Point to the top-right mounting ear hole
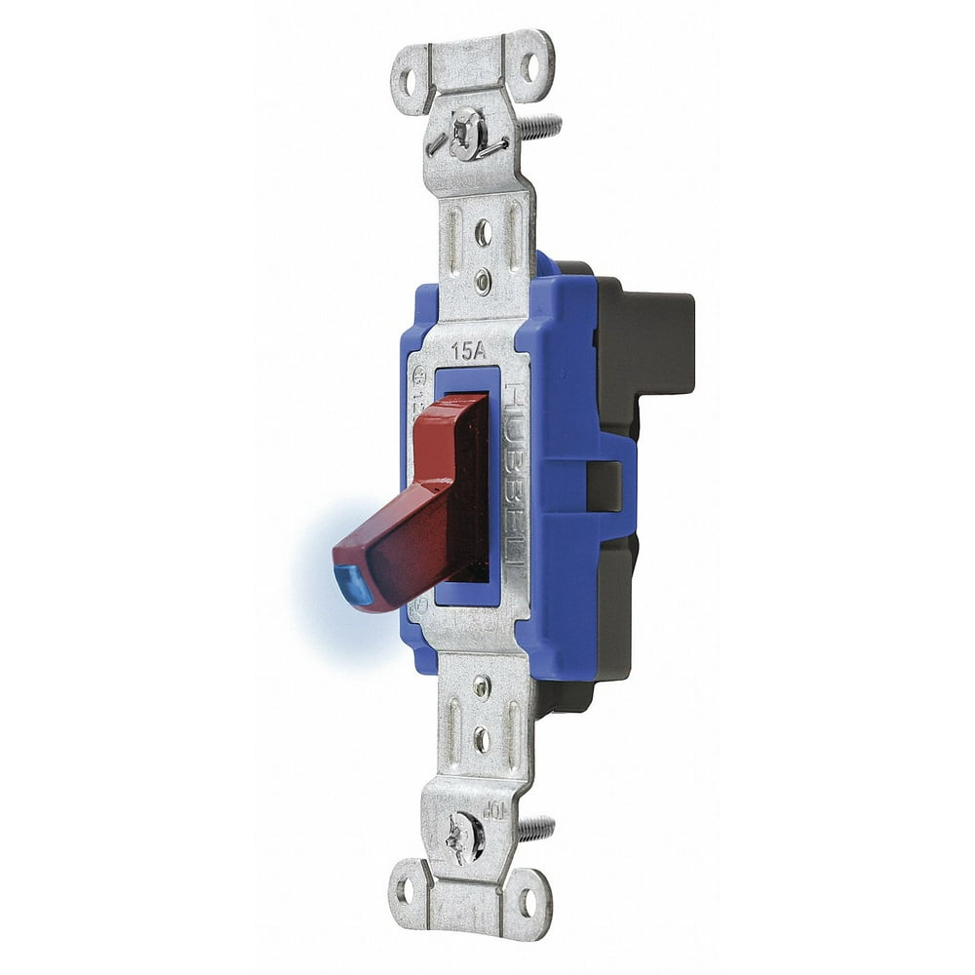coord(529,66)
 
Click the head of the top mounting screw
coord(466,133)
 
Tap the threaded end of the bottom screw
coord(535,830)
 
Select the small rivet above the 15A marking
coord(483,283)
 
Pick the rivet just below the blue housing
coord(481,686)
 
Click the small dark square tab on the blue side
coord(604,486)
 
